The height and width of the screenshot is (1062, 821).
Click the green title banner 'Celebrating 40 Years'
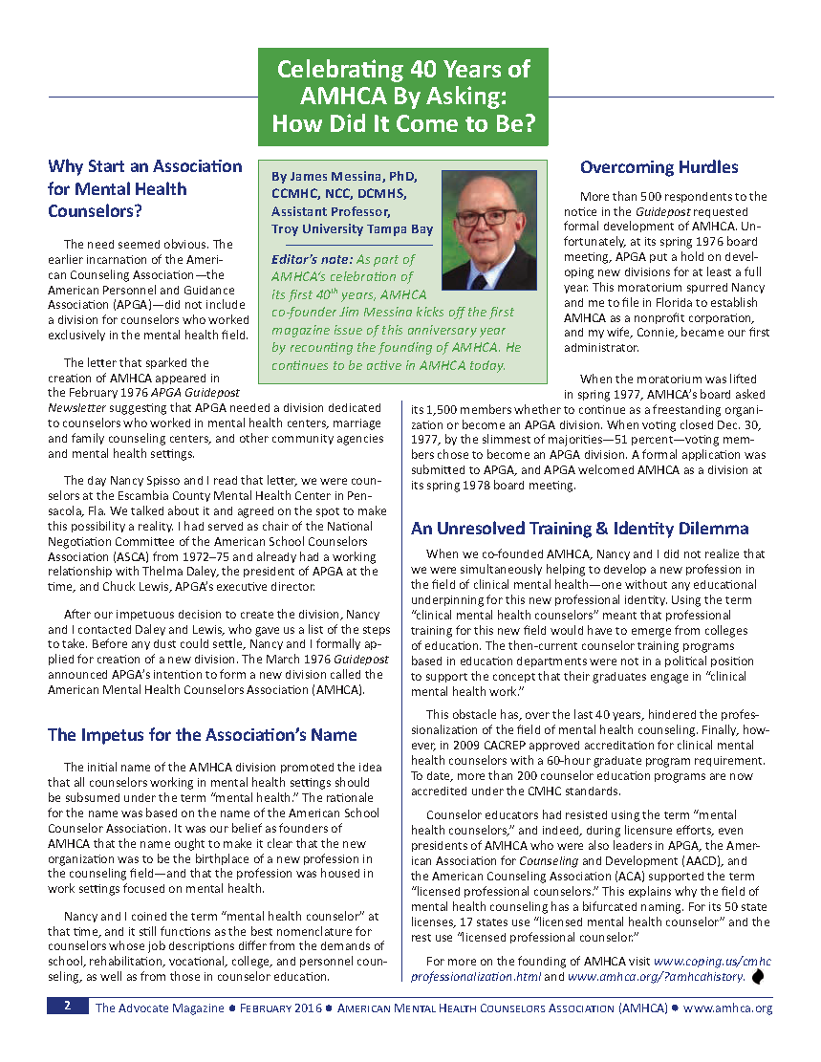pos(402,97)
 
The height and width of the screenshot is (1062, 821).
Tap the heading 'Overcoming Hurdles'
pos(659,167)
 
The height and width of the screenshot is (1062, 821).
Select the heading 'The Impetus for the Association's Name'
pos(202,735)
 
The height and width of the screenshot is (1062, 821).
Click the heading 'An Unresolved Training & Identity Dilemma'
pos(579,529)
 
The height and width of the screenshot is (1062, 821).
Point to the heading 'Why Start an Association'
pos(145,166)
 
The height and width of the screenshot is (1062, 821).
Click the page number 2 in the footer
pos(67,1007)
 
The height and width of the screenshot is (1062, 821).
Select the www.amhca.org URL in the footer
pos(727,1008)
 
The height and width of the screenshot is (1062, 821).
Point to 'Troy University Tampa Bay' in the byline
pos(352,228)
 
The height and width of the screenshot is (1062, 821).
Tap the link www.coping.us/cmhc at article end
pos(712,960)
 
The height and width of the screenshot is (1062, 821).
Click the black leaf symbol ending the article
pos(760,976)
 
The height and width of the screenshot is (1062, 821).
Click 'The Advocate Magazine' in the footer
pos(159,1008)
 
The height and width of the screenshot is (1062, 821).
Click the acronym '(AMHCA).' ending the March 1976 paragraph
pos(335,691)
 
